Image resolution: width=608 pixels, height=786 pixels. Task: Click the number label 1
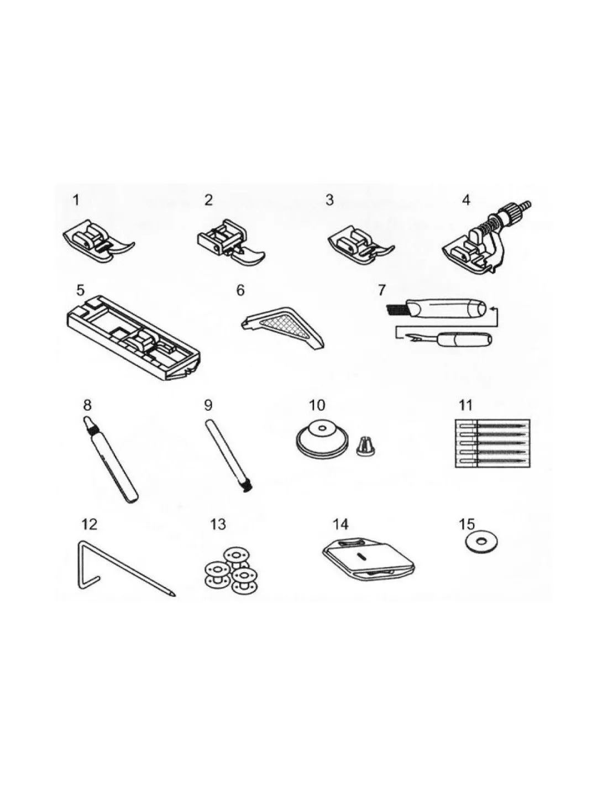click(76, 200)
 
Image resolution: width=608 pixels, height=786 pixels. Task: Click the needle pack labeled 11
click(492, 443)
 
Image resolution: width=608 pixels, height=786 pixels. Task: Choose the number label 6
click(240, 290)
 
